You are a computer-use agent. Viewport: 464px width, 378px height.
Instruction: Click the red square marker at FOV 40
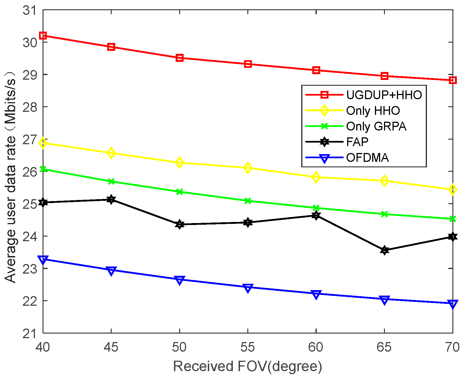tap(43, 35)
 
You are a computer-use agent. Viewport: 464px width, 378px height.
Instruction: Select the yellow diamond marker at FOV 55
tap(248, 168)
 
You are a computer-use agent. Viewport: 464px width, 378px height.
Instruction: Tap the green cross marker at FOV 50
tap(179, 192)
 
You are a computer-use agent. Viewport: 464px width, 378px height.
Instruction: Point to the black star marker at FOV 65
tap(385, 250)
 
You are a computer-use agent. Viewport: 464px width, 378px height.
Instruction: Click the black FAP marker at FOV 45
tap(111, 199)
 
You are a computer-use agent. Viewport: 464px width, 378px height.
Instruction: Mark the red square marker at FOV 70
tap(452, 80)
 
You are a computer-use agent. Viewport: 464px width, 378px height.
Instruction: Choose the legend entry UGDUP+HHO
tap(384, 95)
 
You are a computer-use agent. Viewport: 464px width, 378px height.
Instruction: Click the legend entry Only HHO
tap(373, 111)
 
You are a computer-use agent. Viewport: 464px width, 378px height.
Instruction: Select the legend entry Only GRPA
tap(376, 126)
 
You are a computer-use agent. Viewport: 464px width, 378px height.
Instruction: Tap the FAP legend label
tap(357, 142)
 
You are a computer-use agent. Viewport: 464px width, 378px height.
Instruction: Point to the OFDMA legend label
tap(367, 158)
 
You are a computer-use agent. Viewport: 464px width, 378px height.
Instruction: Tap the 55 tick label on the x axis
tap(248, 348)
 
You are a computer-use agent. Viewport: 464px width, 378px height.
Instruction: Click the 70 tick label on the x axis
tap(452, 348)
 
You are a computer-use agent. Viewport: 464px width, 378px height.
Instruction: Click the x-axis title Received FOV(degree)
tap(247, 366)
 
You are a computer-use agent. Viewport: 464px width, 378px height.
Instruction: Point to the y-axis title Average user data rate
tap(11, 176)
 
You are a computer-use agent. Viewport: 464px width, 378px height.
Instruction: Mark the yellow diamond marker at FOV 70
tap(452, 189)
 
